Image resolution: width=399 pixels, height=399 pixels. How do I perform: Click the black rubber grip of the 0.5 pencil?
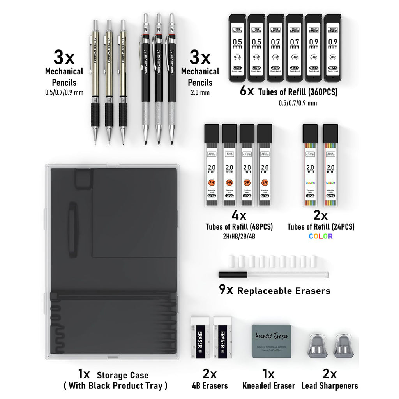pyautogui.click(x=95, y=115)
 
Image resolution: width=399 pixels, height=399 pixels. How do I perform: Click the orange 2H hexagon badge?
pyautogui.click(x=212, y=183)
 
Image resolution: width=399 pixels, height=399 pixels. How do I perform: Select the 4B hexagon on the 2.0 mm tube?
pyautogui.click(x=265, y=183)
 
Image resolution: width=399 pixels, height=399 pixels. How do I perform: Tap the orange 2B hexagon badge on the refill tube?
pyautogui.click(x=247, y=183)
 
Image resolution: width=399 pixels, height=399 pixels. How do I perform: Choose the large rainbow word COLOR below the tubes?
pyautogui.click(x=321, y=236)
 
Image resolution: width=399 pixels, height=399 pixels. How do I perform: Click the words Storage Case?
pyautogui.click(x=122, y=375)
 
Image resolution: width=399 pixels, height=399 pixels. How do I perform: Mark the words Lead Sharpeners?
pyautogui.click(x=330, y=386)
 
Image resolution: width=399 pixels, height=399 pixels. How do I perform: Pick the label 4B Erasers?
pyautogui.click(x=210, y=386)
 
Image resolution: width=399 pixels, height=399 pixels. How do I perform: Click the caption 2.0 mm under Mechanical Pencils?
pyautogui.click(x=200, y=93)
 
